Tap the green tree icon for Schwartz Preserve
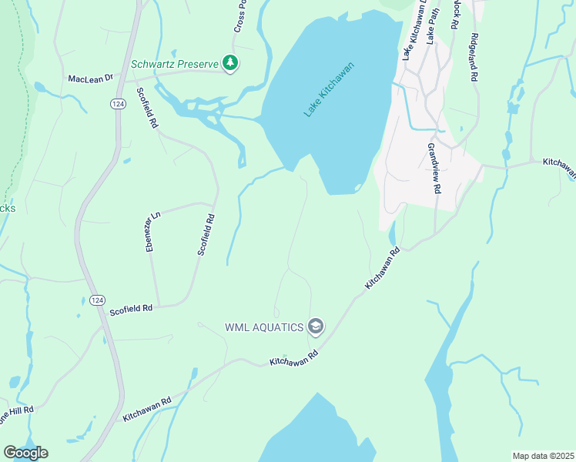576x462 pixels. click(x=229, y=62)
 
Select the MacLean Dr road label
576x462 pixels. click(x=91, y=79)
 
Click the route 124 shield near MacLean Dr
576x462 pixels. click(x=117, y=104)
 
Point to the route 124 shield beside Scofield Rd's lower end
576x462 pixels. click(x=96, y=300)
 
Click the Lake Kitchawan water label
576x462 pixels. click(x=328, y=89)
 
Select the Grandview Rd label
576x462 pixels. click(x=434, y=168)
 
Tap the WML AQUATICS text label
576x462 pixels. click(x=263, y=327)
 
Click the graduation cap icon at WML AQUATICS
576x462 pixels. click(x=315, y=327)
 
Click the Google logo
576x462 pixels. click(x=25, y=453)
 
